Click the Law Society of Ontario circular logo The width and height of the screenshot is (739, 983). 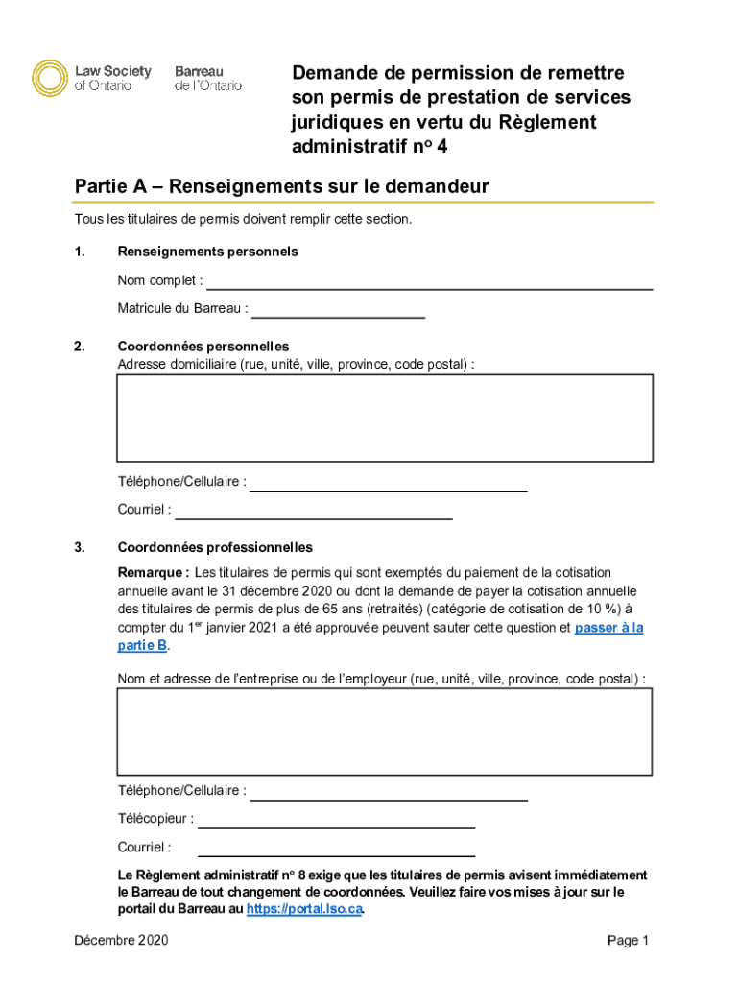(x=51, y=78)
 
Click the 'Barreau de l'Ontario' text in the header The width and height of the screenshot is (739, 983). (x=207, y=78)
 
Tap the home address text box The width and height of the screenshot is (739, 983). (x=385, y=419)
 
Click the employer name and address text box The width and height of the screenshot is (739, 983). (x=385, y=731)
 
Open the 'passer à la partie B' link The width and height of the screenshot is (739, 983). (x=608, y=628)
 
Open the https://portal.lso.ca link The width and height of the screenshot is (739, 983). (x=304, y=909)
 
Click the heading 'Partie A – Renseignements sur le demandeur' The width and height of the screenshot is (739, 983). (x=281, y=186)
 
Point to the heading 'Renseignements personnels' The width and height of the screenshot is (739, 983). (x=207, y=252)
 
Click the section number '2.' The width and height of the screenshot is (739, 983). (x=81, y=347)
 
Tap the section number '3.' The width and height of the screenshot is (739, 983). (x=81, y=548)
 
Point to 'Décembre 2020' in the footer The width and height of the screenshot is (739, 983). (x=121, y=941)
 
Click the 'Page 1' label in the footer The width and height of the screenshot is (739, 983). (x=629, y=941)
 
